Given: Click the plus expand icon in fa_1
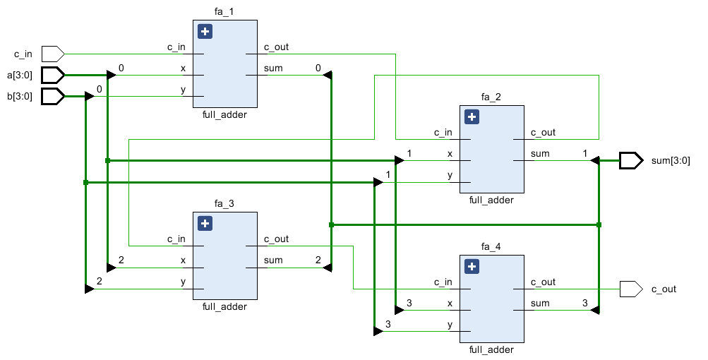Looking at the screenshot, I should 205,32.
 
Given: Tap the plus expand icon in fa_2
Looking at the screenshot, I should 472,117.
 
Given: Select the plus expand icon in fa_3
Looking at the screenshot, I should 205,224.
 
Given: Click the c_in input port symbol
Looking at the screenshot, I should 53,54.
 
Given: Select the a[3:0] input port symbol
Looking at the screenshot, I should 53,75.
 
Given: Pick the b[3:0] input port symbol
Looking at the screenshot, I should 53,96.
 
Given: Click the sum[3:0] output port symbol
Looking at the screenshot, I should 631,161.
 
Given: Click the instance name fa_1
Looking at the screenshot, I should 224,12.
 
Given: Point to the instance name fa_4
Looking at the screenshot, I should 491,246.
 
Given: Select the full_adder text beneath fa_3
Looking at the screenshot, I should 224,306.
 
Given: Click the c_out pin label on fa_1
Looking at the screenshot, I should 276,47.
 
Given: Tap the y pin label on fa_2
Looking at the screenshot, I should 450,175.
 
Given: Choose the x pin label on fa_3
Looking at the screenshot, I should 183,260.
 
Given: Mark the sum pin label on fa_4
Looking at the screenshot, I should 540,304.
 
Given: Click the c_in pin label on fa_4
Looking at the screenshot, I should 443,282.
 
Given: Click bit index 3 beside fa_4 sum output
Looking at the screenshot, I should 584,303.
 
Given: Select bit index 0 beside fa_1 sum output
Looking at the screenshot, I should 318,68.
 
